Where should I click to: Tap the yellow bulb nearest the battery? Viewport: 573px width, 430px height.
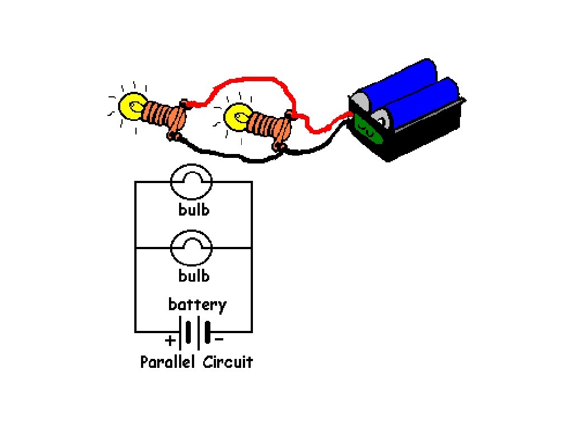coord(236,118)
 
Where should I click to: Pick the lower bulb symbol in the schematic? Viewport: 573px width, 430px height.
coord(191,249)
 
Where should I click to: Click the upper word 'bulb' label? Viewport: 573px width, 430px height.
coord(194,210)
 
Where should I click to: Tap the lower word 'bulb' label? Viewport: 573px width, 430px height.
coord(194,276)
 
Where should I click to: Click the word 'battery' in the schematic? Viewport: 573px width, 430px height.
coord(197,305)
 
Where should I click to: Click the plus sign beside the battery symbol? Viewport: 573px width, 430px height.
coord(170,340)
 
